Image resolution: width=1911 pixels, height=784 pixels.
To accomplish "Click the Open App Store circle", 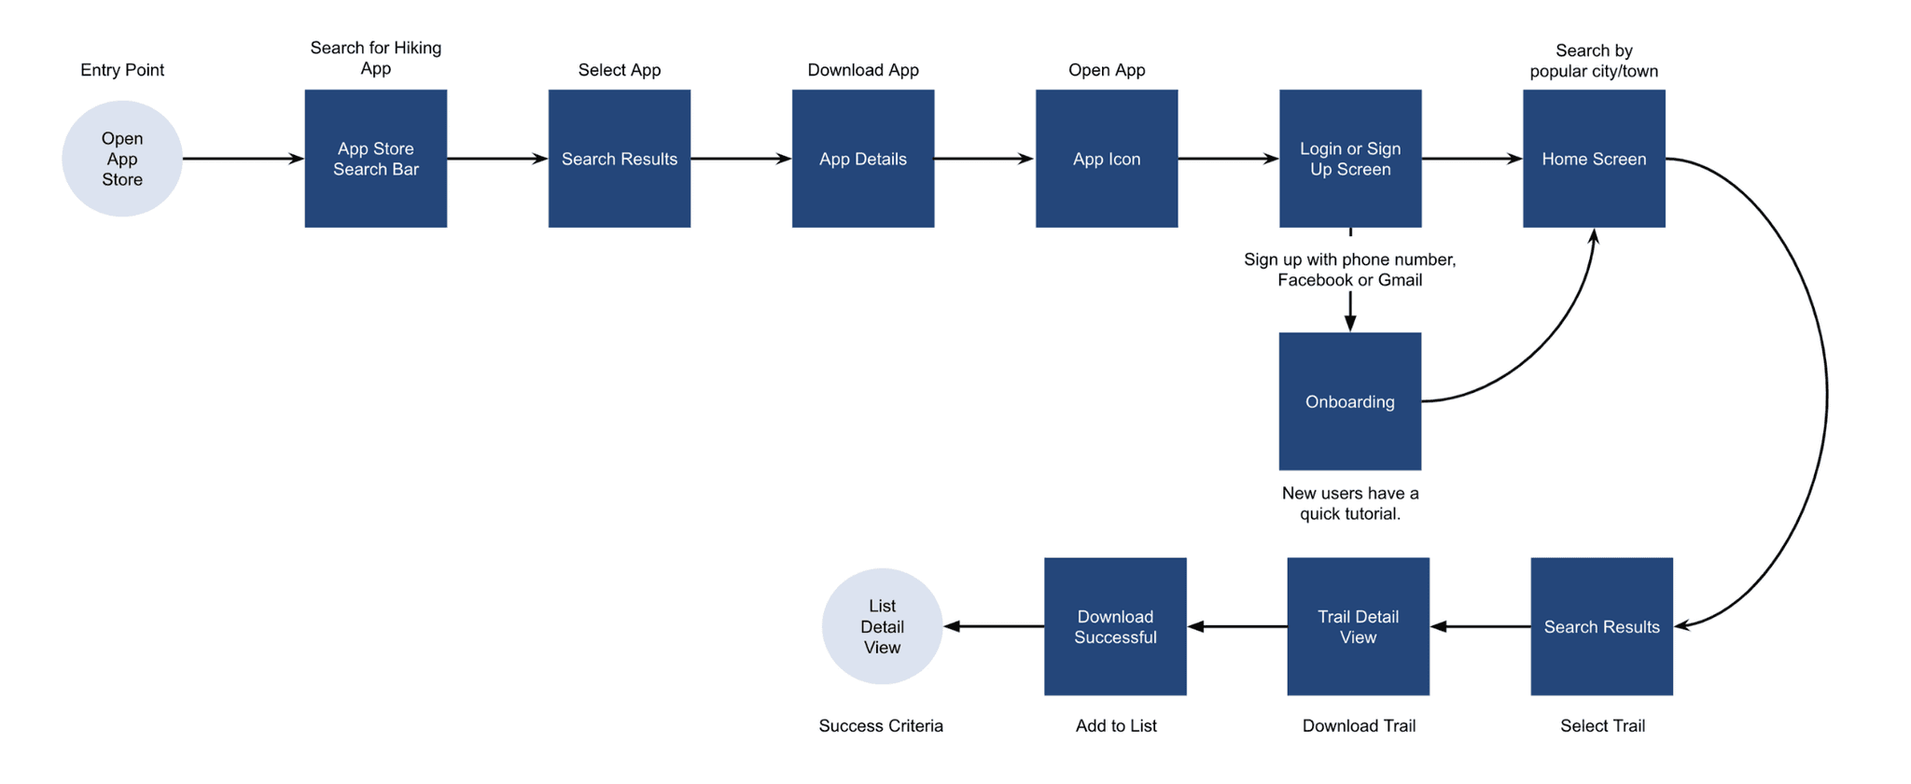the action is (122, 159).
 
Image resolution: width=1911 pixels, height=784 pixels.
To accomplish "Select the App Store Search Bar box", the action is (376, 159).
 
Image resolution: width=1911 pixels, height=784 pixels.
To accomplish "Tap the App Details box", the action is (863, 159).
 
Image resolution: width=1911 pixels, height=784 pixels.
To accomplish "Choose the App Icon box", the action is (1107, 159).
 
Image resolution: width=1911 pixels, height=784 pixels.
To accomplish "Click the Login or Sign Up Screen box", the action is (1350, 159).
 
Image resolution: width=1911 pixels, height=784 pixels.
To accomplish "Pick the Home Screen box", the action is (1594, 159).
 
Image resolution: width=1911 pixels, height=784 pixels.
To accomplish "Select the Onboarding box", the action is (1350, 401).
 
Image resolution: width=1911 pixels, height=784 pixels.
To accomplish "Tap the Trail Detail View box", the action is (1359, 626).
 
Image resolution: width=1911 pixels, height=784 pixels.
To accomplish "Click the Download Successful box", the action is (1115, 626).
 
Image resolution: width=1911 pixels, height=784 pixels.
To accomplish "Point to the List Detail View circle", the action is (882, 626).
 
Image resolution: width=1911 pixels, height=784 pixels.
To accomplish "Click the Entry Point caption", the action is (122, 70).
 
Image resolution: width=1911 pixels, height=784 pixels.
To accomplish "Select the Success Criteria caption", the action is (881, 726).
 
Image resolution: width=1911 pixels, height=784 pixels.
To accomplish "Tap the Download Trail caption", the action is (1359, 726).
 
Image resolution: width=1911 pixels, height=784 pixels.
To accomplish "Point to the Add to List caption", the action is (1116, 726).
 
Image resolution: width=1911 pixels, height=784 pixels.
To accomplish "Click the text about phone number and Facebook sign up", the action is (1350, 270).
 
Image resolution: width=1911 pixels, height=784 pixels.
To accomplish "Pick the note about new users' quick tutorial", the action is (1350, 503).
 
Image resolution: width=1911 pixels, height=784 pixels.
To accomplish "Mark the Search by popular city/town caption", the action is (1594, 61).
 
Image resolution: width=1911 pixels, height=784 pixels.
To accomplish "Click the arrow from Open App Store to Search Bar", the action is (244, 159).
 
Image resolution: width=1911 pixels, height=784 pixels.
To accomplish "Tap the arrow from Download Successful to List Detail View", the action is (994, 626).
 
